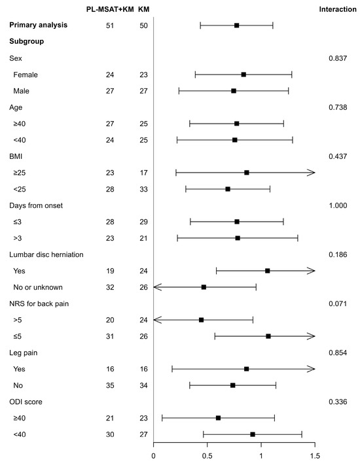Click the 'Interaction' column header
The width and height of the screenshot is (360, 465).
click(x=337, y=9)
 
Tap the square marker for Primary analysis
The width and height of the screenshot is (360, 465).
click(x=236, y=26)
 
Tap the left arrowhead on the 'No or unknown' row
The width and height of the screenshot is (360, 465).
click(x=156, y=287)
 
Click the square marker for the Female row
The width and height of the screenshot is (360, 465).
click(x=243, y=75)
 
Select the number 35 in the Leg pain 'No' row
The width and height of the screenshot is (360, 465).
click(x=110, y=385)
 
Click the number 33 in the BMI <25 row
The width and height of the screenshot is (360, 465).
click(x=144, y=189)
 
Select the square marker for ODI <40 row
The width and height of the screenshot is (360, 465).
click(x=253, y=434)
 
